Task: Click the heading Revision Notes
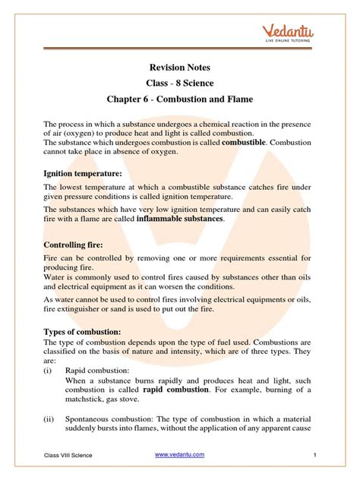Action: [x=179, y=68]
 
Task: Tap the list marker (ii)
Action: [x=51, y=428]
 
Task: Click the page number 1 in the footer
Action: [x=314, y=454]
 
